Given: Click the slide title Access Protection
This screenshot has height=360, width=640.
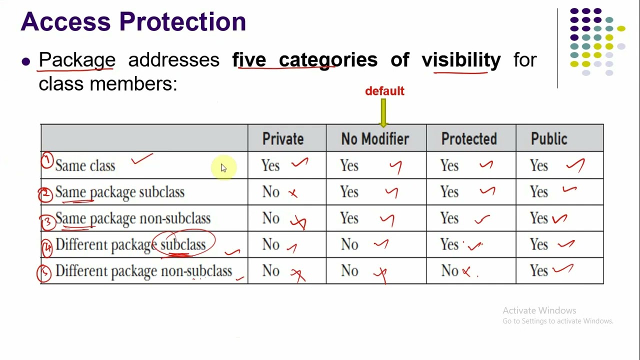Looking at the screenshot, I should [133, 22].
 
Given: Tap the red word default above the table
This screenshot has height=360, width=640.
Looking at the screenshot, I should [384, 91].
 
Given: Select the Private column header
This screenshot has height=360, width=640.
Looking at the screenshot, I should [282, 139].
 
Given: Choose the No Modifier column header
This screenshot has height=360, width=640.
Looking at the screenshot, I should [375, 139].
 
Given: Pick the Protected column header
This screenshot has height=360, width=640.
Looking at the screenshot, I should [469, 139].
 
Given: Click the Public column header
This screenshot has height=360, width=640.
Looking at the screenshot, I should [548, 139].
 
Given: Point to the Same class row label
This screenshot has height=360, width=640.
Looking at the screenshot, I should [85, 165].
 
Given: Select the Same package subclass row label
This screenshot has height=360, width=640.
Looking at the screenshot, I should [119, 192].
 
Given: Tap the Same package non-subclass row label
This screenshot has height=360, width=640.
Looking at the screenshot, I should [132, 218].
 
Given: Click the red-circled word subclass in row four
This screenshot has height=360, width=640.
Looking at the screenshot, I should [183, 244].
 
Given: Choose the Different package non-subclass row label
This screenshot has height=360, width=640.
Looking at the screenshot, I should [143, 271].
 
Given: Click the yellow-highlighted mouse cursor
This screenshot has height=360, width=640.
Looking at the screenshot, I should [223, 168].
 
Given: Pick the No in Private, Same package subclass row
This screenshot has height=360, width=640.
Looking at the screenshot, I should [270, 192].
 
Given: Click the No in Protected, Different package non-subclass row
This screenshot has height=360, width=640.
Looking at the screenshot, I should [449, 271].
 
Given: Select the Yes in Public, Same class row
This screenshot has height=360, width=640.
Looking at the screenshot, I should [538, 165].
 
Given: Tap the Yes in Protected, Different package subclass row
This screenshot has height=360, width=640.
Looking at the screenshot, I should [449, 244].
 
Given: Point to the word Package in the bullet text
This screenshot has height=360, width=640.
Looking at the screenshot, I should [77, 60].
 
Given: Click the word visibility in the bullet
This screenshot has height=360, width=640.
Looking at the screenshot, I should [460, 60].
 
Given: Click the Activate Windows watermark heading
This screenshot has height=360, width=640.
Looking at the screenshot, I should [539, 310].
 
